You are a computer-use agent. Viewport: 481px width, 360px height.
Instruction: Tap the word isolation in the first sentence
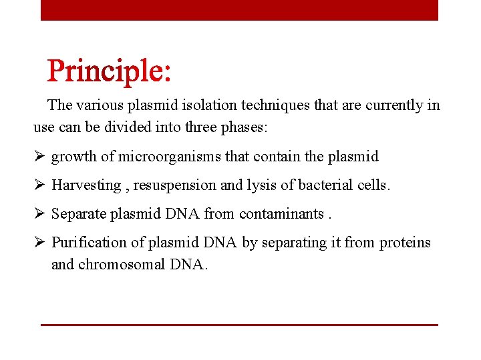(230, 105)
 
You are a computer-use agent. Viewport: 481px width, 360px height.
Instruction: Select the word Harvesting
(86, 185)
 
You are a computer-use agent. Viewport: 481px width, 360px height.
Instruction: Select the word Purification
(89, 243)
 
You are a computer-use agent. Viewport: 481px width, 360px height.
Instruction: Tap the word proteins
(405, 243)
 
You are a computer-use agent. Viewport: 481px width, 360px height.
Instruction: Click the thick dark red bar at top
(239, 10)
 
